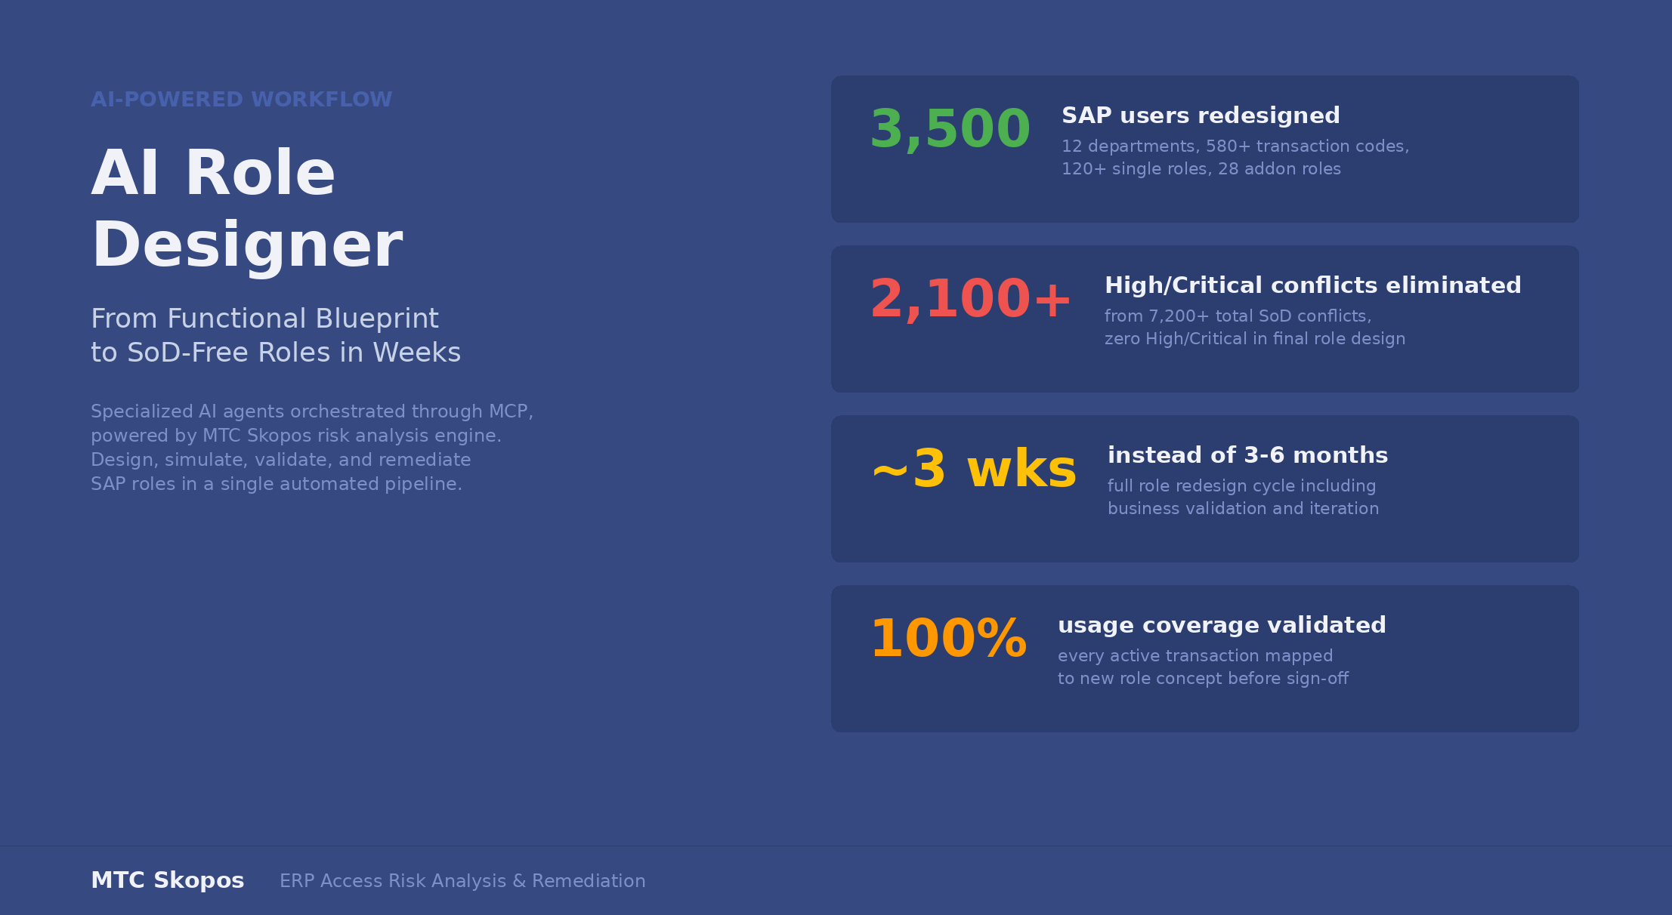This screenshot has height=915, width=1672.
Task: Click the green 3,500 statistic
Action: pos(950,130)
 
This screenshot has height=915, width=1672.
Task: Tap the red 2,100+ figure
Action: pos(970,300)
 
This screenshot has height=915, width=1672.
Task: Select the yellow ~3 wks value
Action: pos(974,470)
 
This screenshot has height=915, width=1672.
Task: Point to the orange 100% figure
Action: pos(948,639)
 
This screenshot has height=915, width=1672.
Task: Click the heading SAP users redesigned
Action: pos(1201,116)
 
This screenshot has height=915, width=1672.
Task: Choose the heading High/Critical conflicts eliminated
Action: pos(1313,285)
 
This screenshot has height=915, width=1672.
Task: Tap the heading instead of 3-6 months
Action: pos(1247,455)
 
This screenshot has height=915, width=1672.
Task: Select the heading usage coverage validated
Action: pos(1222,625)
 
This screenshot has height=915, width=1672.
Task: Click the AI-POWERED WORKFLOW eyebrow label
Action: pos(241,100)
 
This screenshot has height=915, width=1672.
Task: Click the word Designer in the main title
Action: pos(247,246)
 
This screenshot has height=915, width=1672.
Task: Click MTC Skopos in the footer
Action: pos(167,880)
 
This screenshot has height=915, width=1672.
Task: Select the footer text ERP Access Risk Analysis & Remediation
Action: pos(462,881)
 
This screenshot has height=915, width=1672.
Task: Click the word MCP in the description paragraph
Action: pos(511,412)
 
